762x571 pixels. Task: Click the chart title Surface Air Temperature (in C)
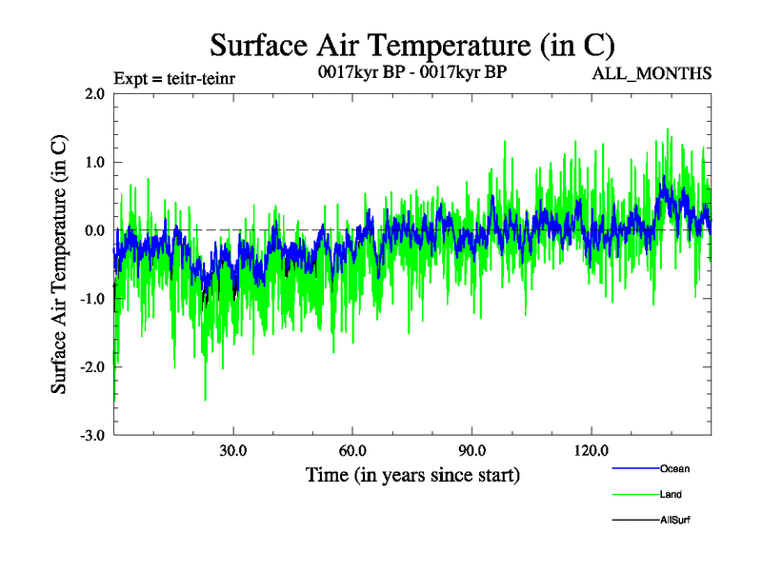click(412, 45)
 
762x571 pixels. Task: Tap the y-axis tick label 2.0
click(93, 94)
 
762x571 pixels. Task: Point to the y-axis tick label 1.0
click(93, 163)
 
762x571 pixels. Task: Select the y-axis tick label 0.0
click(93, 231)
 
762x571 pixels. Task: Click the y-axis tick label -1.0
click(91, 299)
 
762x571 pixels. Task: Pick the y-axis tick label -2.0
click(91, 367)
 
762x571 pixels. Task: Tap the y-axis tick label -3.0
click(91, 436)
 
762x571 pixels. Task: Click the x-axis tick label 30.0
click(233, 450)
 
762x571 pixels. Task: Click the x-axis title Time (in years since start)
click(412, 473)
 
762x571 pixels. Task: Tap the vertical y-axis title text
click(59, 264)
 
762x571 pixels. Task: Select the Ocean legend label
click(674, 468)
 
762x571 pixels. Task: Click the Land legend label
click(671, 494)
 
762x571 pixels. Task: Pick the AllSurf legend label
click(674, 521)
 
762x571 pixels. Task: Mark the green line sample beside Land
click(634, 494)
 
